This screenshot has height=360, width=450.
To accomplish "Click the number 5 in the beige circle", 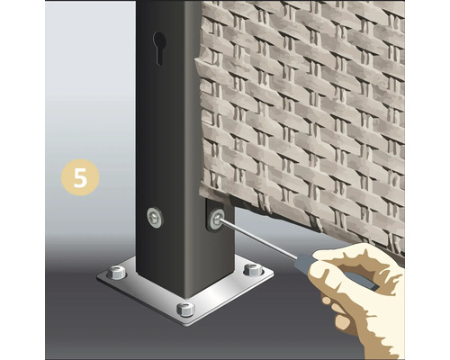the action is pyautogui.click(x=80, y=177).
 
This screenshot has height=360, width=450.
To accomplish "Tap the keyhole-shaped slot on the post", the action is pyautogui.click(x=159, y=48).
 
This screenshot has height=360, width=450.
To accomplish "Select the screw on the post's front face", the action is pyautogui.click(x=155, y=217).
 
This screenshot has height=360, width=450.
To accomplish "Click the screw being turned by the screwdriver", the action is pyautogui.click(x=217, y=219).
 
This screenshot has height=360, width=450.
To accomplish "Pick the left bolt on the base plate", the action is pyautogui.click(x=117, y=272).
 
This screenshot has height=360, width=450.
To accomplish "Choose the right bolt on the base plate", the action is pyautogui.click(x=253, y=269).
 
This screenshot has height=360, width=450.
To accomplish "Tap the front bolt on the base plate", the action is pyautogui.click(x=185, y=310).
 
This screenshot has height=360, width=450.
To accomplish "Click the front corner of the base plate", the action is pyautogui.click(x=187, y=326).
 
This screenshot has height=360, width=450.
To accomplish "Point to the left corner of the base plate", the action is pyautogui.click(x=97, y=277).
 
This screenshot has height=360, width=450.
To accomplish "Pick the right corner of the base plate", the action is pyautogui.click(x=274, y=274).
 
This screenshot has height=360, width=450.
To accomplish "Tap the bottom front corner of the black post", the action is pyautogui.click(x=185, y=298).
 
